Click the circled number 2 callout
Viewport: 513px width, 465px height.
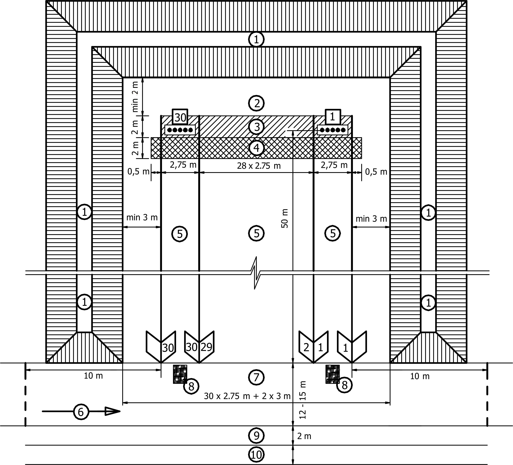click(257, 103)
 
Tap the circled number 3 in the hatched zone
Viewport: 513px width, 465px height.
click(257, 127)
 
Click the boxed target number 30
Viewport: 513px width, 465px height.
click(180, 117)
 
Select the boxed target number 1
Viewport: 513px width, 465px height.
click(333, 117)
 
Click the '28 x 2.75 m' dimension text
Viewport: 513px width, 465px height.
click(259, 166)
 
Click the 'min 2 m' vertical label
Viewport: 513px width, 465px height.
click(135, 97)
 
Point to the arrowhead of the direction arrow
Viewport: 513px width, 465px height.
click(113, 411)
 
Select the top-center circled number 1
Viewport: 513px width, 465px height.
click(257, 40)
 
